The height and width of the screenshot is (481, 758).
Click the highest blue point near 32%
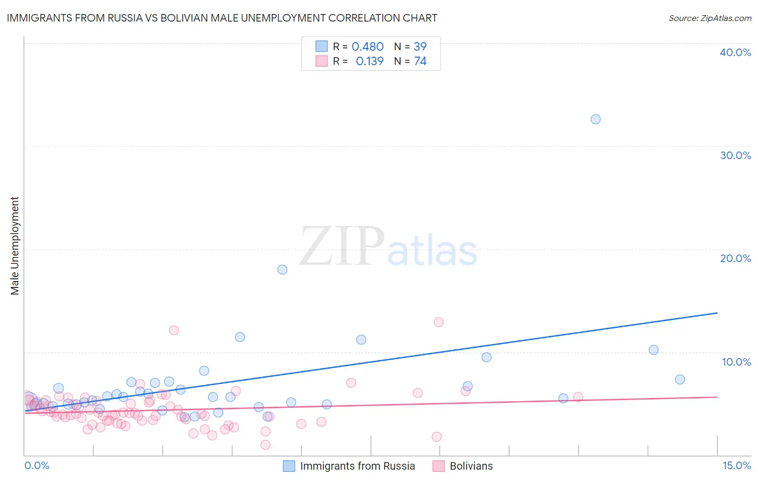click(x=595, y=119)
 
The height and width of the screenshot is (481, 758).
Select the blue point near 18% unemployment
click(x=282, y=270)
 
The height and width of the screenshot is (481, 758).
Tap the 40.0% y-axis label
click(x=735, y=52)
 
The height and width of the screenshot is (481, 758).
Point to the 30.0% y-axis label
click(x=735, y=155)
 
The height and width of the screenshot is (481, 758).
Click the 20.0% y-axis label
click(x=735, y=258)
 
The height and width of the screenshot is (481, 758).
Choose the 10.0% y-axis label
click(x=736, y=362)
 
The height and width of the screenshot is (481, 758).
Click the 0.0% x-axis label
click(x=37, y=465)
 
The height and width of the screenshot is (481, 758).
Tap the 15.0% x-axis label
click(x=736, y=465)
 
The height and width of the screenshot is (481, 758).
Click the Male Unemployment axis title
click(x=15, y=246)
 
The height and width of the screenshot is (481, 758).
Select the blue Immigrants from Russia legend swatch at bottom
click(x=289, y=466)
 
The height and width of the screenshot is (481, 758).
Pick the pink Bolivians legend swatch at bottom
click(x=438, y=466)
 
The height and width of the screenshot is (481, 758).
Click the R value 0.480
click(x=367, y=47)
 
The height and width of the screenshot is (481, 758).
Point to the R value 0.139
click(x=369, y=61)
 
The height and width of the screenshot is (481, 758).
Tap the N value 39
click(x=420, y=47)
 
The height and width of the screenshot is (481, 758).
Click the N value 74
click(x=420, y=61)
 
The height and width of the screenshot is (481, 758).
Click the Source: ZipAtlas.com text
click(x=709, y=18)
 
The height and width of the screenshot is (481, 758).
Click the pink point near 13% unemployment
click(x=438, y=322)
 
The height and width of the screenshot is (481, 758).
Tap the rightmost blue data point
click(x=680, y=380)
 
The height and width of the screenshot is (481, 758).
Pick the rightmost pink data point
click(x=578, y=397)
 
